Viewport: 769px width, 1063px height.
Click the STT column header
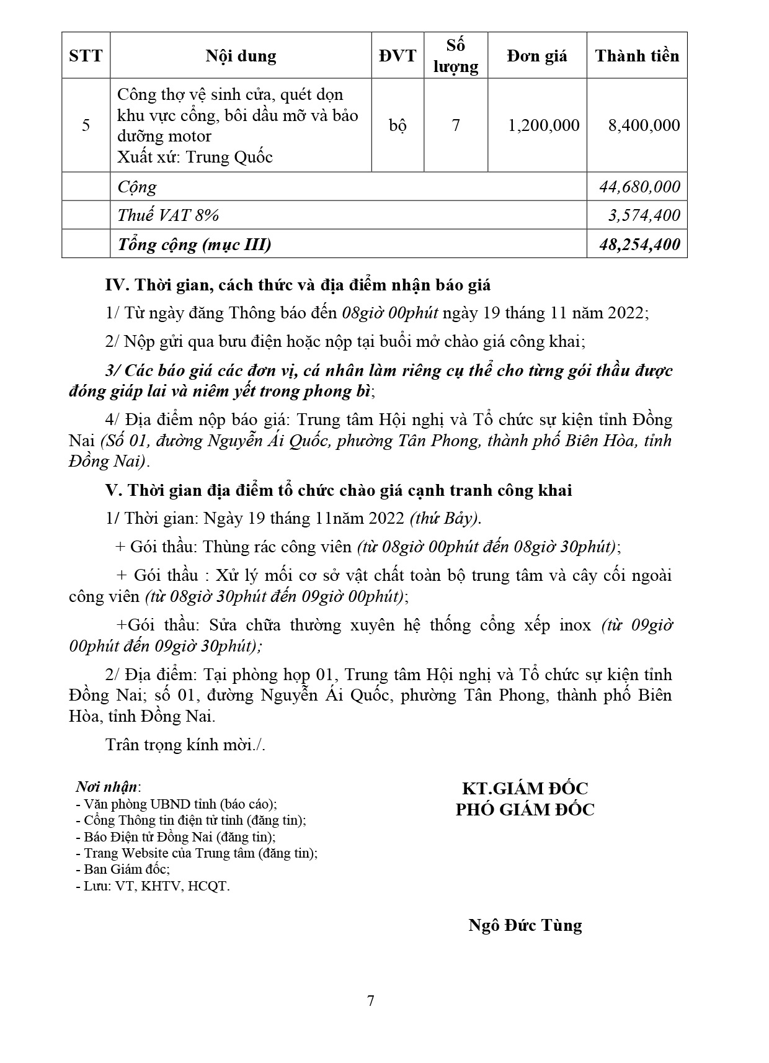[x=86, y=56]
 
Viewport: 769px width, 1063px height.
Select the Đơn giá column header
[x=536, y=56]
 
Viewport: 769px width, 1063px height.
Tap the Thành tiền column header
[x=637, y=56]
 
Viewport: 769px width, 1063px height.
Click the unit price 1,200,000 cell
[x=543, y=125]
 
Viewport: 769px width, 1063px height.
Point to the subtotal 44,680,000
[x=639, y=187]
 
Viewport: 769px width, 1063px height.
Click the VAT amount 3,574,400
[x=644, y=215]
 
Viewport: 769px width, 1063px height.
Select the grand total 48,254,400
[x=639, y=244]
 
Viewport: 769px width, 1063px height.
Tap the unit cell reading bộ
[x=398, y=125]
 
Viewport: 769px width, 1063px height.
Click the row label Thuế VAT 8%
[x=168, y=215]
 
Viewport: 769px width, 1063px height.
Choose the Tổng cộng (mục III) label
[x=194, y=244]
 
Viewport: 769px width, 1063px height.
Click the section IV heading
[x=298, y=285]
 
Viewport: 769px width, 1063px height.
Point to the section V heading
[x=339, y=490]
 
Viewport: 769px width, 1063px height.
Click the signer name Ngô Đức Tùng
[x=525, y=925]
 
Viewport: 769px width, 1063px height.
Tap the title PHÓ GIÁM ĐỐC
[x=525, y=809]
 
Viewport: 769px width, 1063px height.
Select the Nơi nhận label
[x=107, y=787]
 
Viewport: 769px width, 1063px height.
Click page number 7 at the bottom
[x=371, y=1001]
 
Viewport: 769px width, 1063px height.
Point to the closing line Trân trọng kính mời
[x=185, y=744]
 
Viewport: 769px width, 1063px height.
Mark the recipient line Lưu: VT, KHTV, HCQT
[x=153, y=886]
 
